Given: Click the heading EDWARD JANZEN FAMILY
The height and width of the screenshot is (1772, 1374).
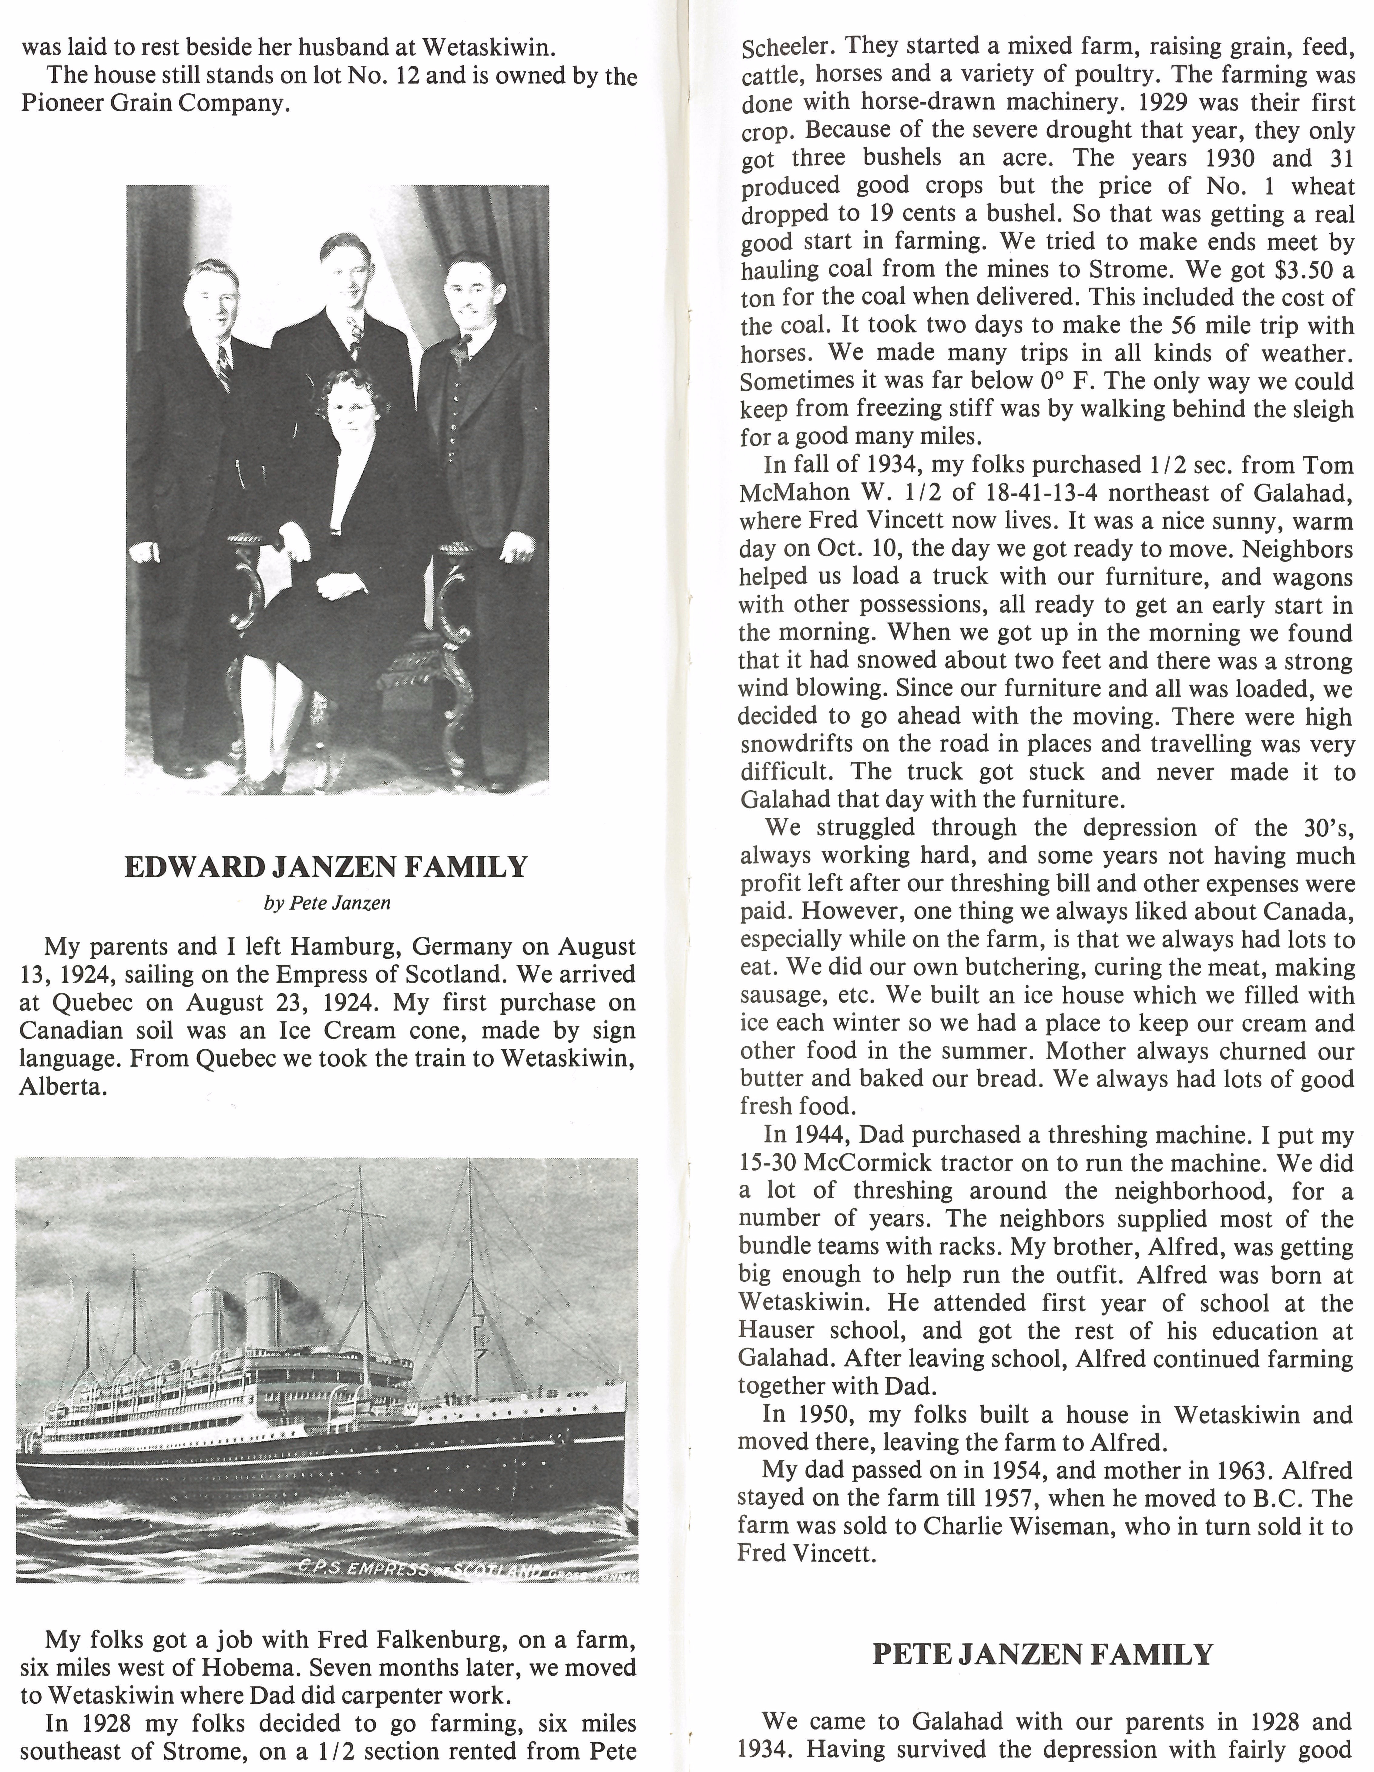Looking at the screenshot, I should point(326,867).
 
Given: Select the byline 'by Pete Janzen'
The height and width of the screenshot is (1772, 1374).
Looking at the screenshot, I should point(327,903).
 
